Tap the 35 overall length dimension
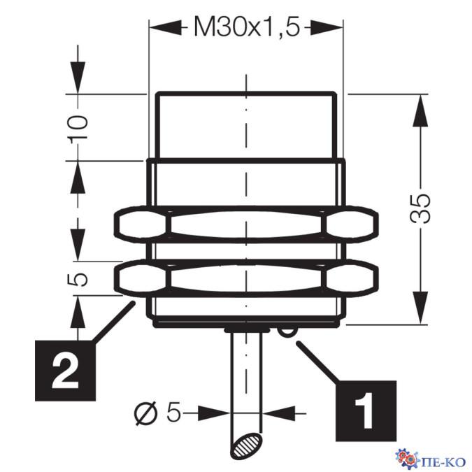(x=420, y=208)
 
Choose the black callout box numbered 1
(x=366, y=410)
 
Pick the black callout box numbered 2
(x=65, y=370)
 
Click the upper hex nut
(x=246, y=223)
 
